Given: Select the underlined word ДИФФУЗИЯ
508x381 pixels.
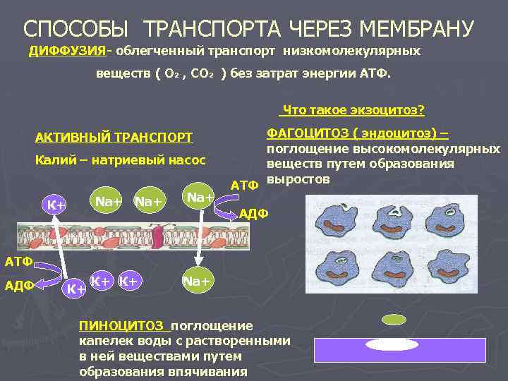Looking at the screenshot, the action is [67, 52].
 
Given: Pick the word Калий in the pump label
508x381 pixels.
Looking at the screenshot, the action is [53, 160].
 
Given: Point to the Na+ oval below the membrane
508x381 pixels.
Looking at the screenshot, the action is [196, 282].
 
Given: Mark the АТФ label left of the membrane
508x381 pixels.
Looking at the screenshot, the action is [18, 262].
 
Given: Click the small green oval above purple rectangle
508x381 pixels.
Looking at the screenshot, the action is [394, 320].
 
